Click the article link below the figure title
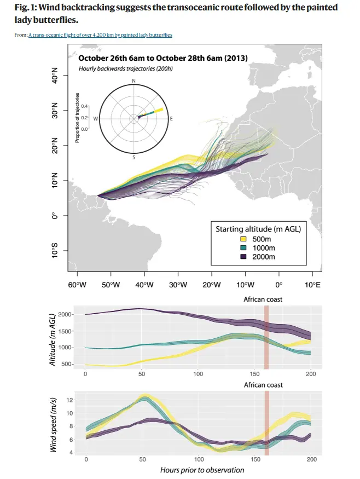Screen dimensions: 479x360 pyautogui.click(x=100, y=35)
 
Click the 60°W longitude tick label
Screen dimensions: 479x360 pyautogui.click(x=77, y=285)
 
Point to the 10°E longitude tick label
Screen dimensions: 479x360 pyautogui.click(x=312, y=285)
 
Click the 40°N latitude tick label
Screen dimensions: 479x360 pyautogui.click(x=54, y=77)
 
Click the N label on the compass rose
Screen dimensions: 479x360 pyautogui.click(x=133, y=81)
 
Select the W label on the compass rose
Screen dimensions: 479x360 pyautogui.click(x=96, y=118)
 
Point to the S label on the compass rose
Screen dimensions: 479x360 pyautogui.click(x=133, y=157)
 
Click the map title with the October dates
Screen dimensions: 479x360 pyautogui.click(x=163, y=58)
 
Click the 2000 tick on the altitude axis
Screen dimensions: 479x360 pyautogui.click(x=64, y=314)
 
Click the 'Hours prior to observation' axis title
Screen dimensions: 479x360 pyautogui.click(x=202, y=470)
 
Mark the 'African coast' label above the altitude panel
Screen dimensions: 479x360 pyautogui.click(x=263, y=299)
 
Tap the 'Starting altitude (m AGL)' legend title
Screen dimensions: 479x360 pyautogui.click(x=258, y=229)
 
